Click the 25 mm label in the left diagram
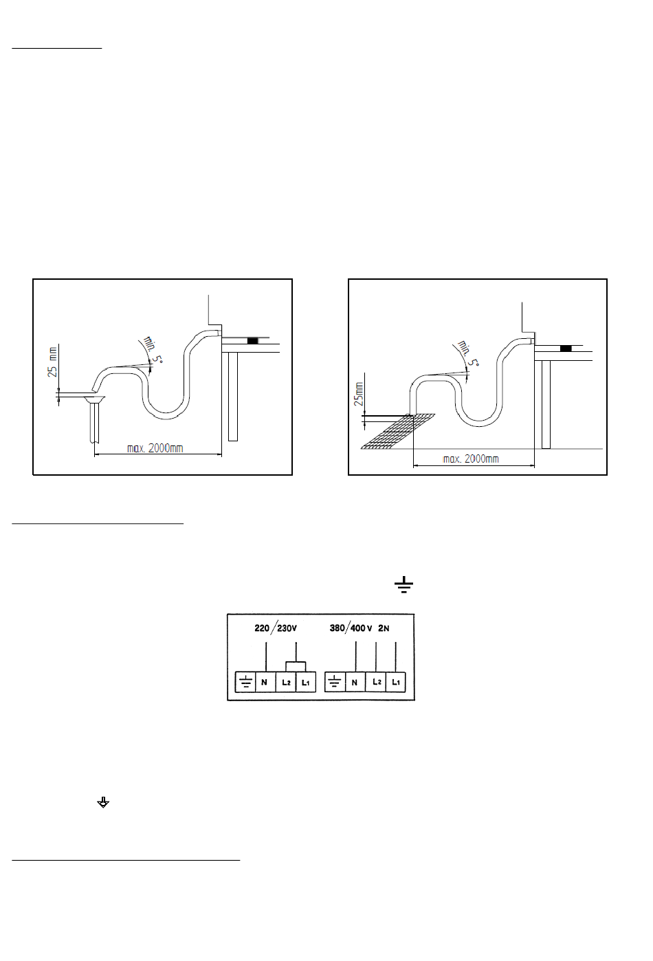[x=52, y=362]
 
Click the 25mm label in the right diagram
[x=358, y=394]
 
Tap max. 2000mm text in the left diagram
[x=155, y=448]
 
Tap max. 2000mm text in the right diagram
[x=471, y=459]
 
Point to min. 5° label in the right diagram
[x=467, y=353]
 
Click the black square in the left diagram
[x=253, y=341]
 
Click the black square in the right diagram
[x=566, y=349]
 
